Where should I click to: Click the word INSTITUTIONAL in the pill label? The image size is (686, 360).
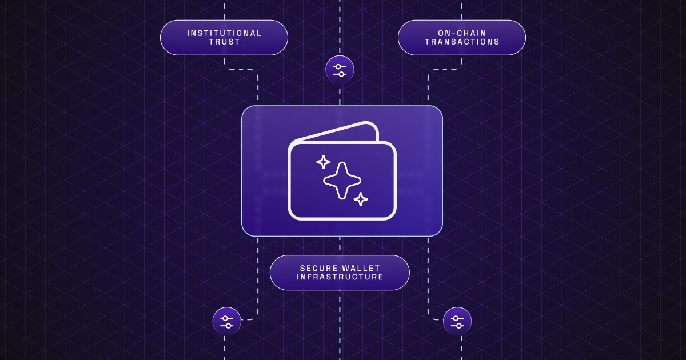pyautogui.click(x=224, y=33)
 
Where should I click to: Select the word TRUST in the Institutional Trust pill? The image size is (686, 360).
pyautogui.click(x=224, y=42)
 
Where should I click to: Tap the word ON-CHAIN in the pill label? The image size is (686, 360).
pyautogui.click(x=462, y=33)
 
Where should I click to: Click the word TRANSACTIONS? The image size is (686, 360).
pyautogui.click(x=462, y=42)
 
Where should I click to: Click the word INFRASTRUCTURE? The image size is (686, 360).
pyautogui.click(x=340, y=277)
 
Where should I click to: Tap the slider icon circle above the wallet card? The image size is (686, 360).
pyautogui.click(x=340, y=70)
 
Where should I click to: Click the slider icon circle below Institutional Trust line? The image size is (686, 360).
pyautogui.click(x=226, y=321)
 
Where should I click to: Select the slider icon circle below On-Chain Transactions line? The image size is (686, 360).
pyautogui.click(x=457, y=321)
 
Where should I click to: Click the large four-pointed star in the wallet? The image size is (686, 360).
pyautogui.click(x=342, y=181)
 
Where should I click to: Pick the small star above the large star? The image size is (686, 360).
pyautogui.click(x=324, y=162)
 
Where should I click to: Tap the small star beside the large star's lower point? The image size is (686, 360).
pyautogui.click(x=361, y=199)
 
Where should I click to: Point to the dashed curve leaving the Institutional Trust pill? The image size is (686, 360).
pyautogui.click(x=243, y=70)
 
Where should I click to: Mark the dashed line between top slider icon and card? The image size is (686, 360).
pyautogui.click(x=340, y=94)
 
